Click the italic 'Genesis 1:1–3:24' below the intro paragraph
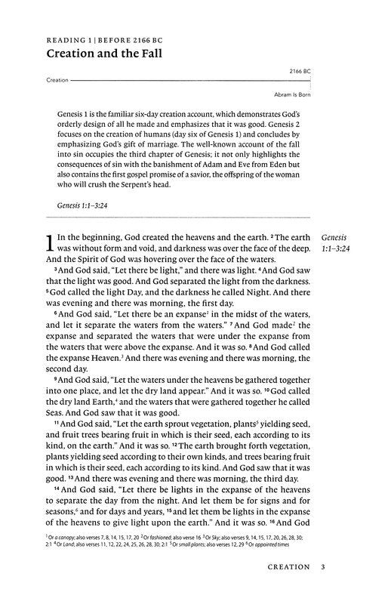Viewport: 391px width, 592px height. click(87, 204)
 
